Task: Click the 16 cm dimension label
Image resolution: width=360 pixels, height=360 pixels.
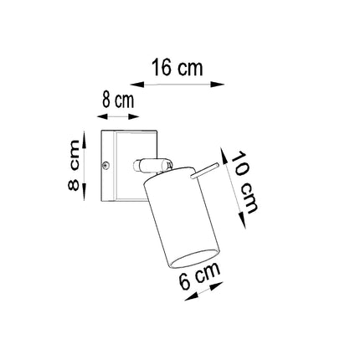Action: [176, 67]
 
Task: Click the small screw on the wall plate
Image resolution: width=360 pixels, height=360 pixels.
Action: [106, 165]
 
